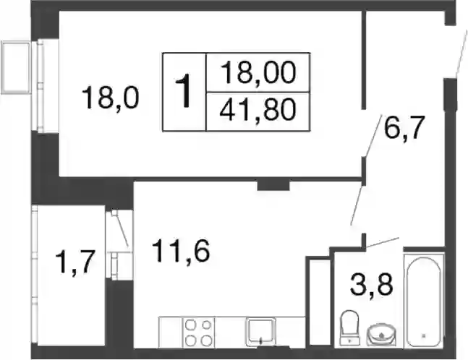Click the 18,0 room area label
point(110,98)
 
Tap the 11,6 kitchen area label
point(181,251)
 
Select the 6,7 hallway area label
point(404,127)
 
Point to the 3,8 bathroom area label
point(371,285)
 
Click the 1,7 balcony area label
point(75,262)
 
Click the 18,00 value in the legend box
point(258,72)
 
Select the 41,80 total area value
point(258,110)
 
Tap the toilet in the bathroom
point(349,327)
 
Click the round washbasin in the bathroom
point(381,335)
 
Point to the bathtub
point(424,300)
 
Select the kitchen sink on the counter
point(260,332)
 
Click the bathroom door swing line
point(383,242)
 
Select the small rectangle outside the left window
point(16,67)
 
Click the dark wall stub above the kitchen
point(273,186)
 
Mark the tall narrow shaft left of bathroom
point(320,302)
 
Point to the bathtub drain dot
point(424,336)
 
